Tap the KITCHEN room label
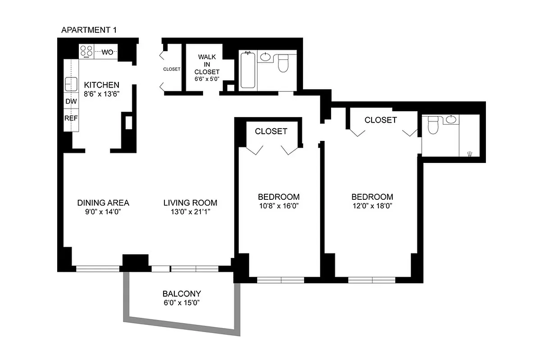tap(102, 85)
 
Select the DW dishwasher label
tap(71, 102)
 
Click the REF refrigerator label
tap(71, 118)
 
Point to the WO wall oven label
tap(107, 52)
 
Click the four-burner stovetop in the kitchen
tap(86, 52)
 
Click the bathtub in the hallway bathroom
tap(248, 70)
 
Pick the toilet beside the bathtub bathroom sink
tap(283, 63)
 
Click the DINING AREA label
tap(103, 202)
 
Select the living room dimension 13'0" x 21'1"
tap(190, 212)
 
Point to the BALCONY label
tap(182, 293)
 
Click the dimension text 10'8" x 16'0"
tap(278, 207)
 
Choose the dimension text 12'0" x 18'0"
tap(372, 207)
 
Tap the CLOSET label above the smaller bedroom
tap(271, 131)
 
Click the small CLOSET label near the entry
tap(172, 69)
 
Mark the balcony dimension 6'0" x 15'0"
tap(182, 302)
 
